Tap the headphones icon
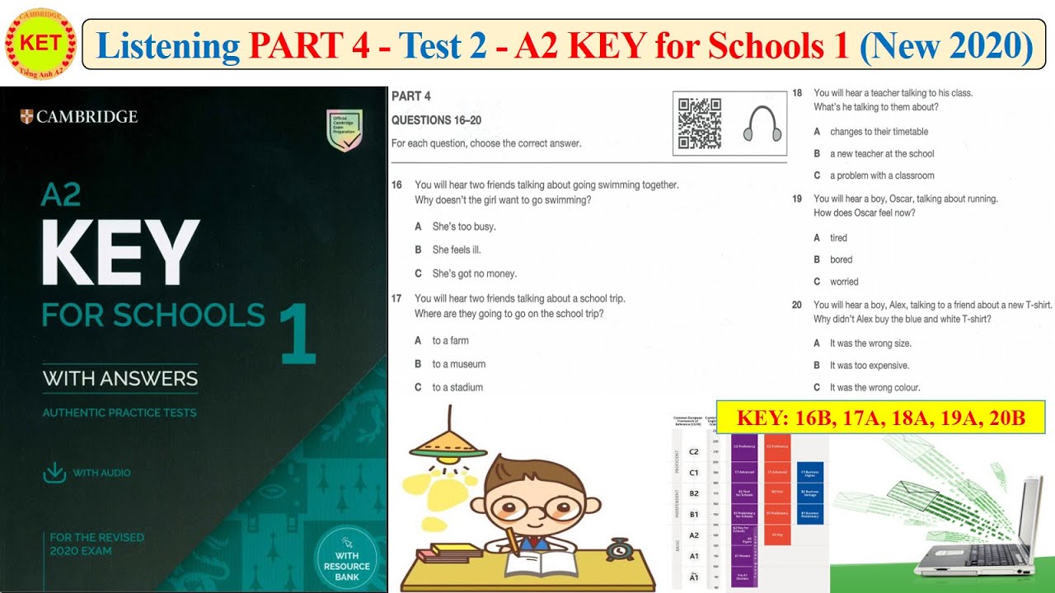pyautogui.click(x=762, y=124)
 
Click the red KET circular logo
pyautogui.click(x=40, y=43)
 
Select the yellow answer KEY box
pyautogui.click(x=880, y=418)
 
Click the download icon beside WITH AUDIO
pyautogui.click(x=54, y=472)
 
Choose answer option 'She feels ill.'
pyautogui.click(x=456, y=250)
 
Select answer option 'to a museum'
pyautogui.click(x=458, y=364)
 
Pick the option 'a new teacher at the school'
pyautogui.click(x=881, y=153)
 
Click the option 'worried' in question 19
pyautogui.click(x=844, y=282)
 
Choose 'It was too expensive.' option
pyautogui.click(x=869, y=365)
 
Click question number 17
pyautogui.click(x=396, y=298)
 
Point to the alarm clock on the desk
pyautogui.click(x=617, y=549)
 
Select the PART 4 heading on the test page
pyautogui.click(x=410, y=96)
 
